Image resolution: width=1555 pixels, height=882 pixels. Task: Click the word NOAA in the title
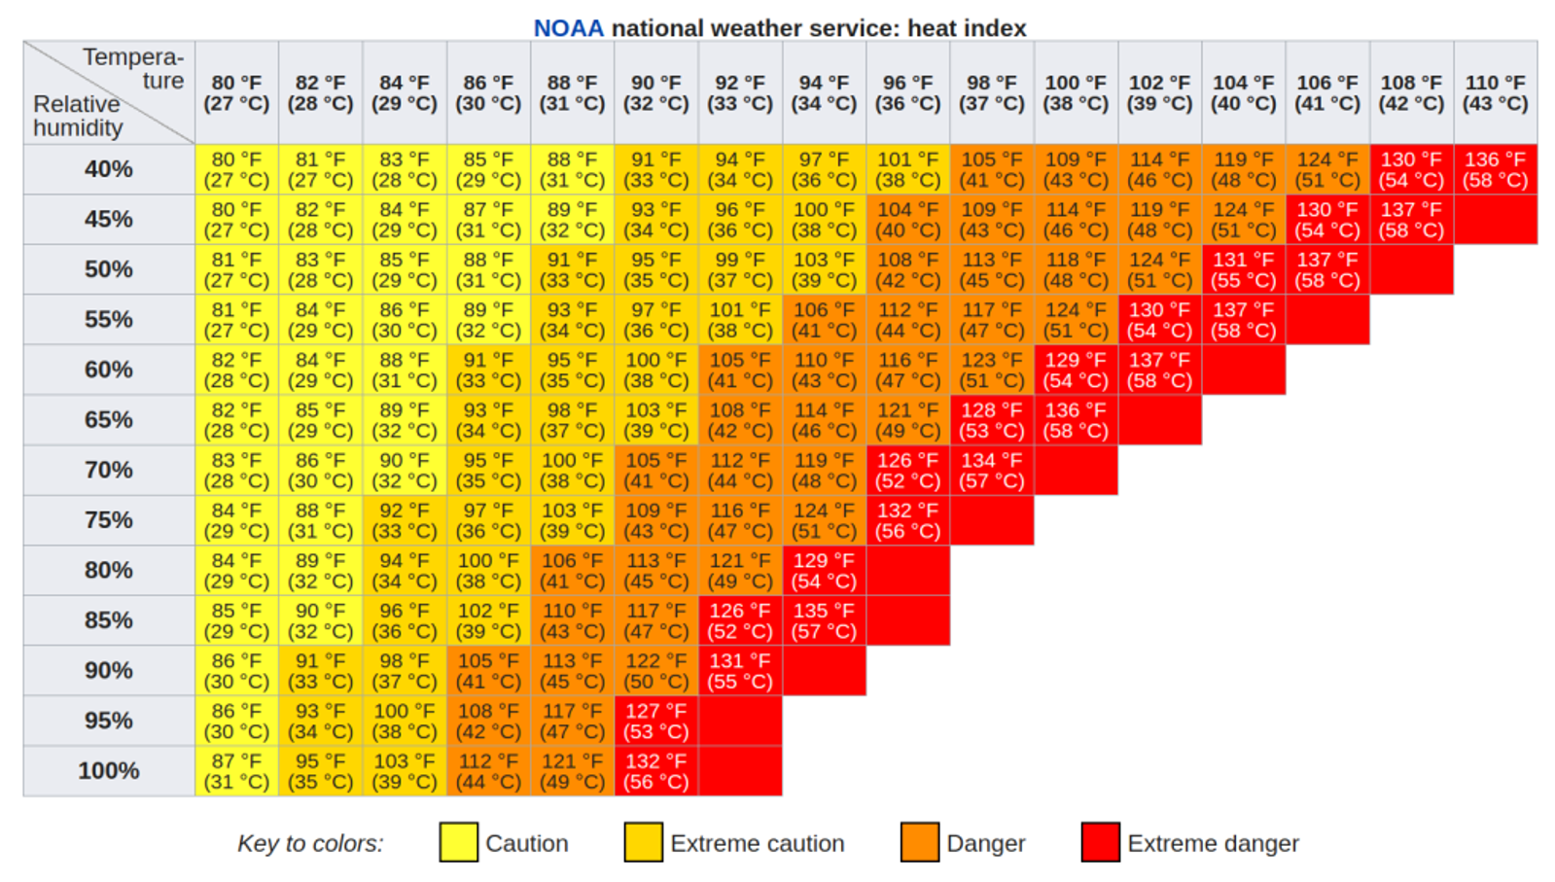pos(568,28)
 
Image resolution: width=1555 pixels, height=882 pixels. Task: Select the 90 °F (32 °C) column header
pos(655,93)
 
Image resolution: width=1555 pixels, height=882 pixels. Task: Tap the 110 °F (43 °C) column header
pos(1495,93)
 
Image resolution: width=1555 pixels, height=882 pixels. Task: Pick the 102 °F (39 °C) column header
pos(1159,93)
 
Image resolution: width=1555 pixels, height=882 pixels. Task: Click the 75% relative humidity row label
pos(109,520)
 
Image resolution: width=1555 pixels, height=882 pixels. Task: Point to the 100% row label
pos(109,771)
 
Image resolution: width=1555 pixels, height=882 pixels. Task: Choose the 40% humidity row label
pos(109,169)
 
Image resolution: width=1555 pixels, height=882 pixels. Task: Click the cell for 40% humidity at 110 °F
pos(1495,169)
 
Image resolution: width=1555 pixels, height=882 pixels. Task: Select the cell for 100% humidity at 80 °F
pos(236,771)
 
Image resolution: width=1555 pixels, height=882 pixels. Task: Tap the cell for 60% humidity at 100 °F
pos(1076,370)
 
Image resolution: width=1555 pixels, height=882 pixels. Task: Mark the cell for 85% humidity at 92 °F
pos(740,620)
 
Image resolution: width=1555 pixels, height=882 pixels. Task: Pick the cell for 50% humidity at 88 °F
pos(572,269)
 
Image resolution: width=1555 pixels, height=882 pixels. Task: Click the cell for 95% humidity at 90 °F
pos(655,721)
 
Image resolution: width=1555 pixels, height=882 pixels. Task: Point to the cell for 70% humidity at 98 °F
pos(992,470)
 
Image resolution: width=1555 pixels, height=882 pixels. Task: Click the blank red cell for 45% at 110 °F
pos(1495,220)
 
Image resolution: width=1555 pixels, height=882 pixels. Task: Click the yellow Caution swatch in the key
pos(458,842)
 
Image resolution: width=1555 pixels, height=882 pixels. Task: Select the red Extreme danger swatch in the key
pos(1100,842)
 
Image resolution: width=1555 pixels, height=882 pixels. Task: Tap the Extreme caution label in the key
pos(757,843)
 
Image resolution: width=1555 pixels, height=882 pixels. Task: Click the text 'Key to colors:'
pos(310,843)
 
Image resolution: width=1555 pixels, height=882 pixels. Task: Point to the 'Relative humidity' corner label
pos(78,116)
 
